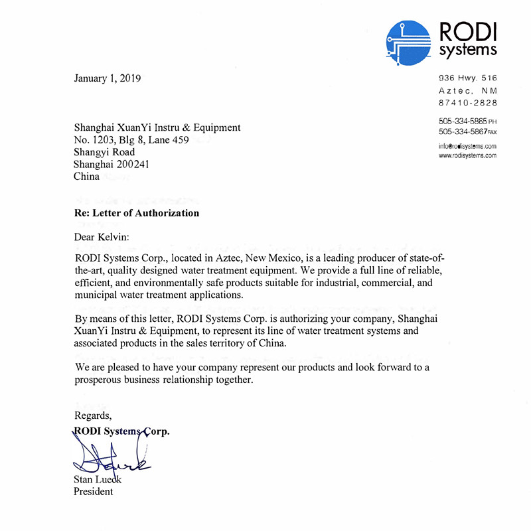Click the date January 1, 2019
coord(107,78)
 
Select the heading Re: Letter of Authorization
coord(136,213)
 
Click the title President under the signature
coord(93,492)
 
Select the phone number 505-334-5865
coord(463,122)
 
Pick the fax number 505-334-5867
coord(463,131)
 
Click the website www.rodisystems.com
coord(467,155)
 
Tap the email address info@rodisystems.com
coord(467,146)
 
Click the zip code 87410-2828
coord(467,103)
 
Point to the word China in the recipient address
coord(87,177)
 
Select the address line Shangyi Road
coord(104,152)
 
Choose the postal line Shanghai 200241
coord(111,165)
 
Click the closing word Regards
coord(92,416)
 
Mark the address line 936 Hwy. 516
coord(467,78)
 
